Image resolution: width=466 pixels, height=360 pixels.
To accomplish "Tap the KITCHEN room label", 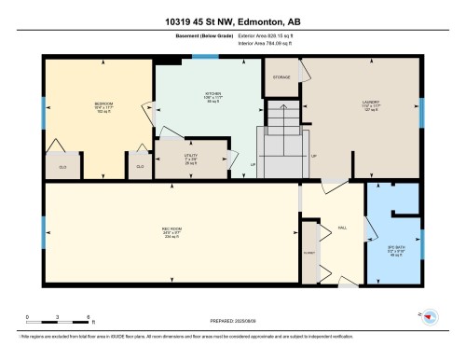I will pos(213,94).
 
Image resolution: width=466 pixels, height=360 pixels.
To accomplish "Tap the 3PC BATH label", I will pos(392,248).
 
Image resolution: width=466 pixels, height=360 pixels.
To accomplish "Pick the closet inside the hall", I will pos(308,252).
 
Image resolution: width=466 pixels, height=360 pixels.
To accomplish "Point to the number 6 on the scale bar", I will pos(88,317).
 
